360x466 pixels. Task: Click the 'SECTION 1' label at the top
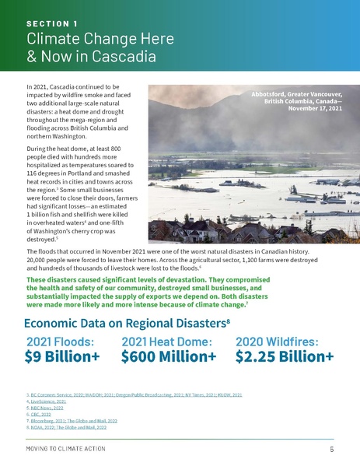pos(51,24)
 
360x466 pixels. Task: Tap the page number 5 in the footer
pos(332,450)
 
